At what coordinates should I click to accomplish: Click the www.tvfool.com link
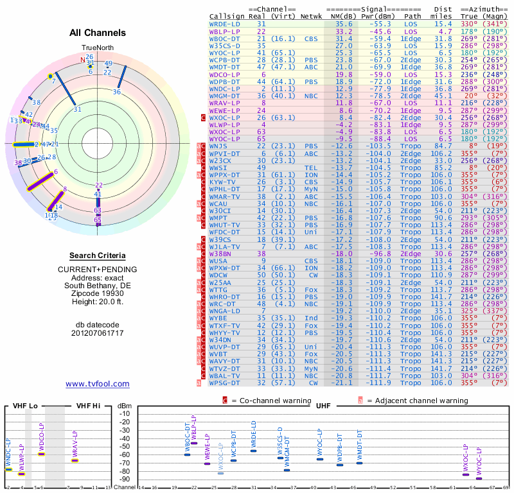pos(98,384)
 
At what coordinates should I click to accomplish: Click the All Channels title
pos(97,33)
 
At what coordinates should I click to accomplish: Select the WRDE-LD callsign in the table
pos(224,24)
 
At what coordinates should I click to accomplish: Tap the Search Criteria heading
pos(97,255)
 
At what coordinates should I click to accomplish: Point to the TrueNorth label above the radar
pos(97,48)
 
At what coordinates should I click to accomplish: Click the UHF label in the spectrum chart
pos(323,406)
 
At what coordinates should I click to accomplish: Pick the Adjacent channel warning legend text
pos(417,400)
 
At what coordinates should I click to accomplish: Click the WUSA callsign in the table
pos(218,261)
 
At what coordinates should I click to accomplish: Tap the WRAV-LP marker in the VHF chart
pos(75,460)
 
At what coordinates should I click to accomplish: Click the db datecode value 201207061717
pos(97,333)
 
